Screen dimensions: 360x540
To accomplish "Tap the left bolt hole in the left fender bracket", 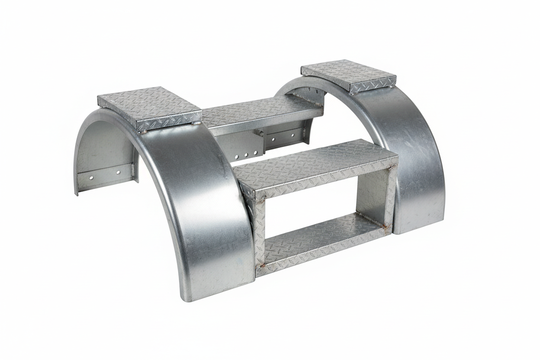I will [x=92, y=177].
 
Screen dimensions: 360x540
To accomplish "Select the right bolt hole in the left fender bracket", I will [x=117, y=172].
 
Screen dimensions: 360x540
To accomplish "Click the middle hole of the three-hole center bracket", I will [x=245, y=154].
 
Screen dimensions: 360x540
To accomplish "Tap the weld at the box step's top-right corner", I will [x=394, y=166].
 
